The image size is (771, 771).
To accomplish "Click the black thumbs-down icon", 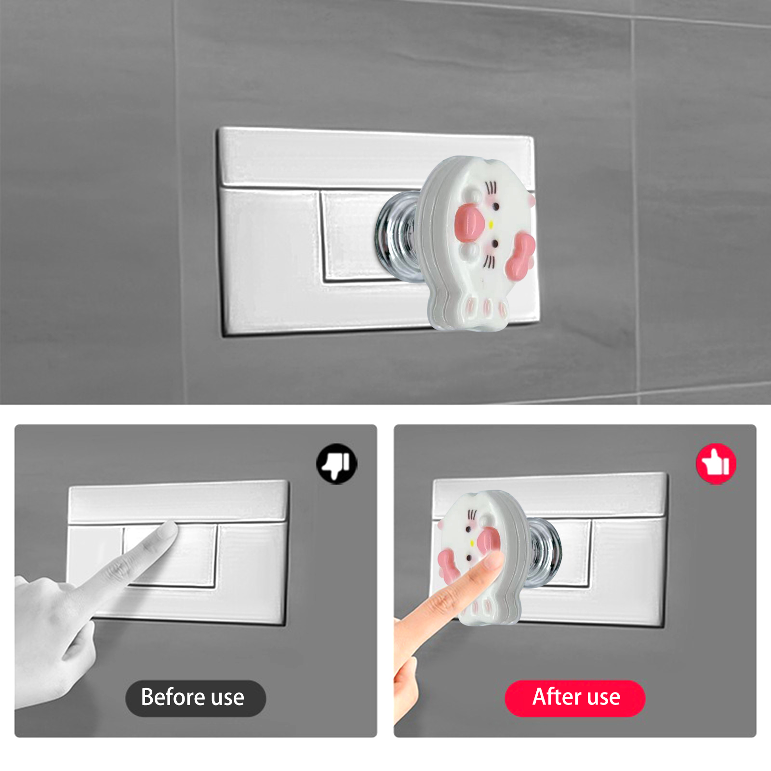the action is [x=337, y=464].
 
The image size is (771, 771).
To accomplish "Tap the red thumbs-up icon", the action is [x=716, y=464].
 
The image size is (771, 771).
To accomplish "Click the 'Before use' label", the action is [x=195, y=698].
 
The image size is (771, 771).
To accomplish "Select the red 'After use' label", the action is [x=575, y=698].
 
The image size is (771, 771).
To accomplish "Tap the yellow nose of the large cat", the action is [x=491, y=224].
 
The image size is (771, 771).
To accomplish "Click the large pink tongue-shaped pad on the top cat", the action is [x=469, y=222].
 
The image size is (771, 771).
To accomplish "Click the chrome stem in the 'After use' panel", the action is [x=545, y=553].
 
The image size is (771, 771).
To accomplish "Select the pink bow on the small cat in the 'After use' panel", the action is [x=448, y=565].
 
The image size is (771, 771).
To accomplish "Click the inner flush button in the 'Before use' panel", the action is [x=170, y=556].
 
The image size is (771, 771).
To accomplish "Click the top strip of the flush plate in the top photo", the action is [x=376, y=159].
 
